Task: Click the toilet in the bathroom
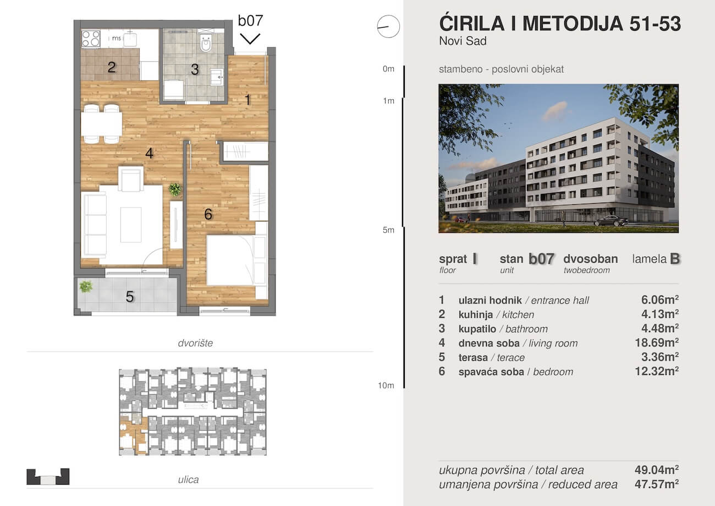(x=206, y=43)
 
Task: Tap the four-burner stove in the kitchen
(x=91, y=39)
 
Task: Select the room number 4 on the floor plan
(x=149, y=154)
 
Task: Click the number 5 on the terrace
(x=130, y=297)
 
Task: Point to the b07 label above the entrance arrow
(x=251, y=21)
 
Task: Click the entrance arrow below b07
(x=250, y=39)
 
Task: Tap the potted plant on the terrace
(x=86, y=286)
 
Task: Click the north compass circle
(x=388, y=26)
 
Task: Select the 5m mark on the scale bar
(x=388, y=230)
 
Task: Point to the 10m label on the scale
(x=386, y=385)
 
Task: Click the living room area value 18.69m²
(x=657, y=343)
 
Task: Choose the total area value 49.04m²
(x=657, y=470)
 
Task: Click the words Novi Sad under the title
(x=463, y=41)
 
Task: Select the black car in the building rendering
(x=611, y=221)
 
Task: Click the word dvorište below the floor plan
(x=195, y=343)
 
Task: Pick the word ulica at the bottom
(x=188, y=480)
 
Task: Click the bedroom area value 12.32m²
(x=657, y=371)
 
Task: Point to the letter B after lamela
(x=675, y=259)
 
